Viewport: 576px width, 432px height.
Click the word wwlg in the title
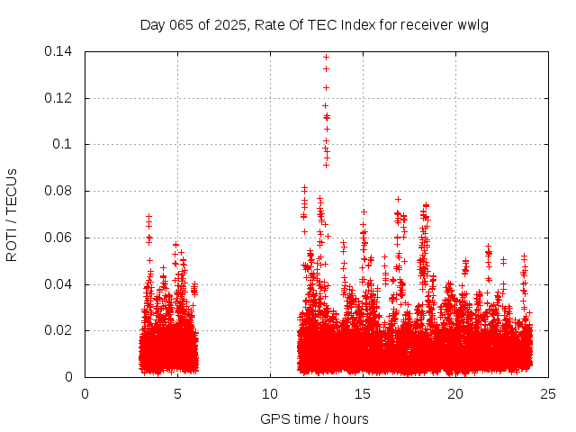click(473, 23)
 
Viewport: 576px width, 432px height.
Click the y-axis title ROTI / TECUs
click(12, 214)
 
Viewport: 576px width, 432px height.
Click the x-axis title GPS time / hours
click(314, 418)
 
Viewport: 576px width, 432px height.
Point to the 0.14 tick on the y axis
click(59, 51)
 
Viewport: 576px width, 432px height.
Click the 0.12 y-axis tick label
click(59, 98)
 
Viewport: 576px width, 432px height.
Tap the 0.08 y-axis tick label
click(59, 191)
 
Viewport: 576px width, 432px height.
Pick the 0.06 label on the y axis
click(59, 238)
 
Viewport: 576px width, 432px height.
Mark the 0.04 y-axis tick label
click(59, 284)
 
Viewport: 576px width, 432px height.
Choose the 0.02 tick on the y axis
click(59, 330)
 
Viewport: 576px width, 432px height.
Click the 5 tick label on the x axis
click(177, 393)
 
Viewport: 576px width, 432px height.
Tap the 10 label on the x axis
click(270, 393)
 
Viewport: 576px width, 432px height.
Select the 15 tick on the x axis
click(363, 393)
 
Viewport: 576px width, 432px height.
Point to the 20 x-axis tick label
click(455, 393)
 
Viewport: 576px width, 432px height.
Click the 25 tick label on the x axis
click(548, 393)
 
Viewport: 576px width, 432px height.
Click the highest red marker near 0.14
click(326, 58)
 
